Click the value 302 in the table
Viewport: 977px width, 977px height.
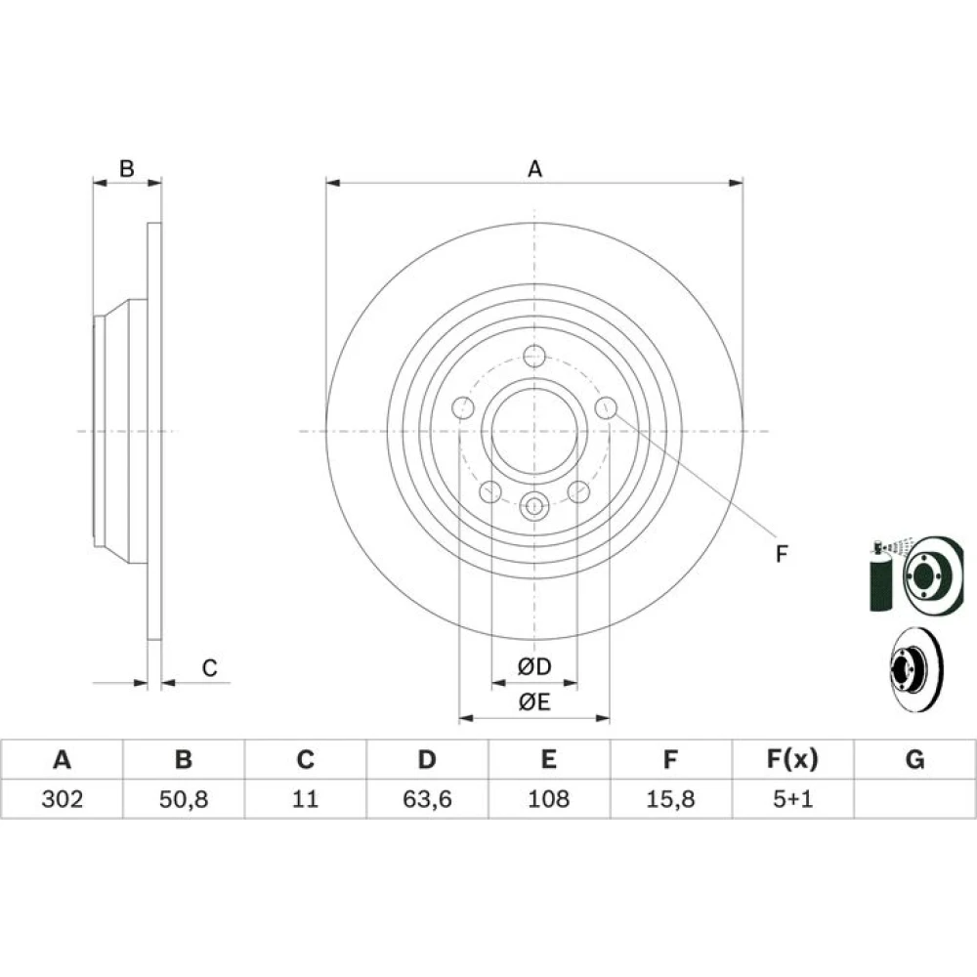point(62,799)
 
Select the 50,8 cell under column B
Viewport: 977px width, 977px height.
point(184,799)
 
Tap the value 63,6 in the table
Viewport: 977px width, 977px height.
point(427,799)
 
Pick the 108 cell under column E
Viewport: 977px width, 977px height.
point(548,799)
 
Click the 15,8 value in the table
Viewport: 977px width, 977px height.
point(670,799)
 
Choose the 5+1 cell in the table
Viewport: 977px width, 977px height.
point(792,799)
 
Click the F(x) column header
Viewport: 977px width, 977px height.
point(792,759)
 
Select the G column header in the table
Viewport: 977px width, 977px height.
point(914,759)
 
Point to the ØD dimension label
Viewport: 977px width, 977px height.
point(534,666)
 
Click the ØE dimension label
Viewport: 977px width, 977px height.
point(534,702)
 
